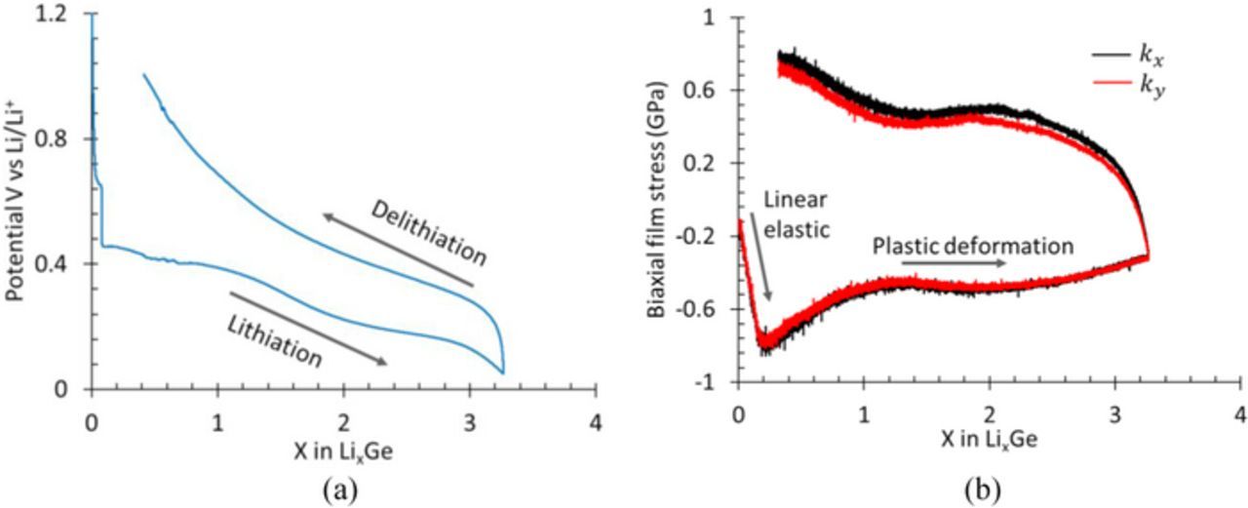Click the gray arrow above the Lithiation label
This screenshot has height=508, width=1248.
(308, 328)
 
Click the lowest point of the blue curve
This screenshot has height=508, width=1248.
(503, 372)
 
